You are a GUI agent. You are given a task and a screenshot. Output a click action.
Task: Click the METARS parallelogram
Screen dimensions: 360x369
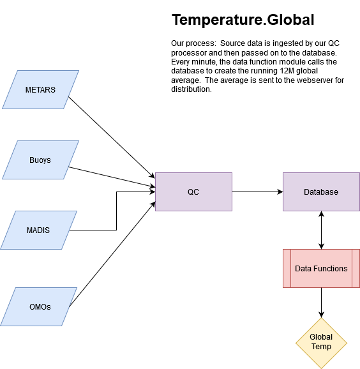[x=40, y=89]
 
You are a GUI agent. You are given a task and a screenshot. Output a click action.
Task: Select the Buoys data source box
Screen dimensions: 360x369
[x=40, y=160]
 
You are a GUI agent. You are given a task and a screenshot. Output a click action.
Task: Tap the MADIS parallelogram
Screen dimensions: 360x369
[x=38, y=230]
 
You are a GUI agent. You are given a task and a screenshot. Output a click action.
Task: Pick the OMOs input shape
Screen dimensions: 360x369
[x=38, y=306]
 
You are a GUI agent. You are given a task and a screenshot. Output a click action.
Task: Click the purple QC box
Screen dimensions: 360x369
[x=193, y=192]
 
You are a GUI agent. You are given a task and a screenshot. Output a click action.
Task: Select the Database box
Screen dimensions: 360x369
[x=321, y=192]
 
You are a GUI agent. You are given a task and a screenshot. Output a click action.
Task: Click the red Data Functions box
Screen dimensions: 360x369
[x=321, y=269]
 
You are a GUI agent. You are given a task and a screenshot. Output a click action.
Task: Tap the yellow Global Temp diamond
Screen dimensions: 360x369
[x=321, y=343]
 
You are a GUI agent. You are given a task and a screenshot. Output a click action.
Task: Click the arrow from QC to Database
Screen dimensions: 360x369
[x=257, y=192]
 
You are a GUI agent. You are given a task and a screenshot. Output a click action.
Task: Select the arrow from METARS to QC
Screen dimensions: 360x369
[x=112, y=137]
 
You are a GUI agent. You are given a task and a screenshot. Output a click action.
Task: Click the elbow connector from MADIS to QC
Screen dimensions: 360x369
[x=116, y=211]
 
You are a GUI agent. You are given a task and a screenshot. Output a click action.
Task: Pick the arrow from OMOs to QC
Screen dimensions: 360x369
[x=112, y=254]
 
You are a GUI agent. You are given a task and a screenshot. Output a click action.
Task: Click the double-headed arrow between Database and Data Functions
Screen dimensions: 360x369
[x=321, y=230]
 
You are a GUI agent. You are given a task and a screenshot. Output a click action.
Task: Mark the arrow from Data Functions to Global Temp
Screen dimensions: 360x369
[x=321, y=303]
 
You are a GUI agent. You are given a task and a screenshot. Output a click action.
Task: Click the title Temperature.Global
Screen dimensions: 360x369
[x=243, y=20]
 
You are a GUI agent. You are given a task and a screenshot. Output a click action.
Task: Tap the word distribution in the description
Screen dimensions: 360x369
[x=191, y=89]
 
